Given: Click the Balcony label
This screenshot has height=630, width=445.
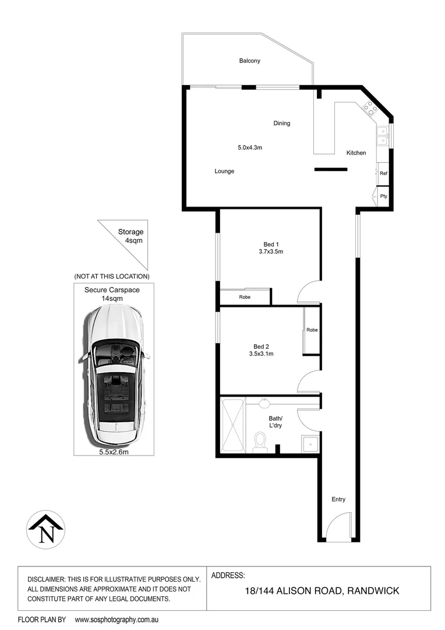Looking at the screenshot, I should pyautogui.click(x=249, y=61).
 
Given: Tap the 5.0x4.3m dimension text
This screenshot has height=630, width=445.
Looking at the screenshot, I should pyautogui.click(x=249, y=148).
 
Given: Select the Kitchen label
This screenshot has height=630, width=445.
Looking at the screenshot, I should pyautogui.click(x=356, y=153).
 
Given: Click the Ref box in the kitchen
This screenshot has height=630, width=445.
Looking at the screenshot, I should pyautogui.click(x=383, y=173).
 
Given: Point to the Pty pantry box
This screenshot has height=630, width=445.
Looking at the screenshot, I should pyautogui.click(x=383, y=196).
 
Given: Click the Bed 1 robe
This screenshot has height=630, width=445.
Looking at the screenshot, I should pyautogui.click(x=245, y=297).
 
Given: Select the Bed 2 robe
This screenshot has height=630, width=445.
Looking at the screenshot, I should pyautogui.click(x=312, y=331).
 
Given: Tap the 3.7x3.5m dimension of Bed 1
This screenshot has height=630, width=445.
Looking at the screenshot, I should pyautogui.click(x=270, y=252).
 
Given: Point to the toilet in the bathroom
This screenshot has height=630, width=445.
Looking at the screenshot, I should pyautogui.click(x=261, y=442).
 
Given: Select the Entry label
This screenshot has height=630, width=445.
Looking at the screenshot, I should pyautogui.click(x=338, y=499).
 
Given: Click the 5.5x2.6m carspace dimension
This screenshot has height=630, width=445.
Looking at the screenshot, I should pyautogui.click(x=114, y=452).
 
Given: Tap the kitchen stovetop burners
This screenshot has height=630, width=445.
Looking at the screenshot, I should pyautogui.click(x=369, y=107).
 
